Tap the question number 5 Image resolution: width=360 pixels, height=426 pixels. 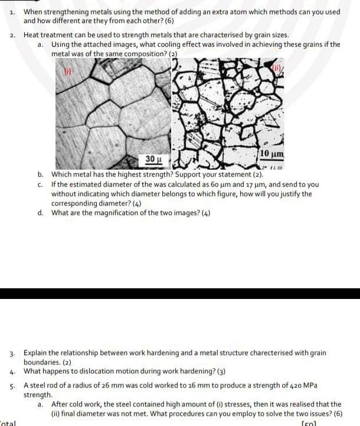tap(12, 385)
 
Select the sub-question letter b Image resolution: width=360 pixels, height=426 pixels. tap(40, 175)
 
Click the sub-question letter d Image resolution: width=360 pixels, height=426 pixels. tap(40, 213)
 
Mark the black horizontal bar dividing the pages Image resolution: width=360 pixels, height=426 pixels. tap(180, 294)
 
